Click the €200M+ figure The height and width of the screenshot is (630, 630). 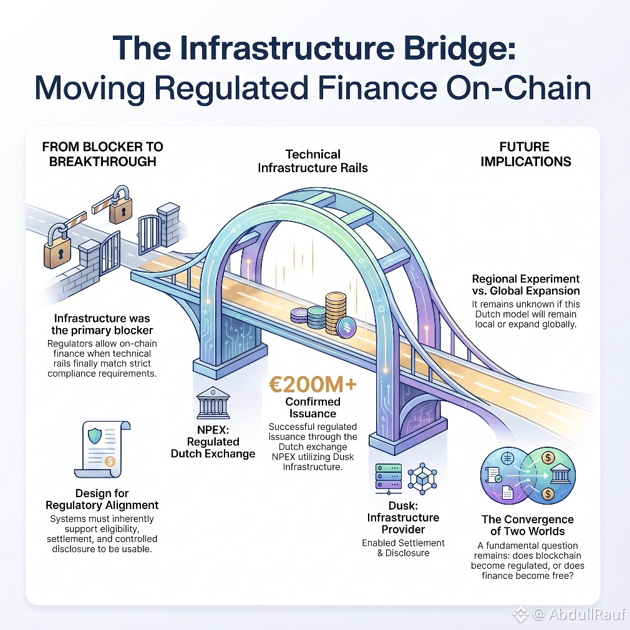[x=313, y=384]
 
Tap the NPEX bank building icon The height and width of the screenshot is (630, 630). [x=213, y=403]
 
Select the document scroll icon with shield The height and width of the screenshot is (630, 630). [x=102, y=449]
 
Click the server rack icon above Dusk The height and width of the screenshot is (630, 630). [x=388, y=479]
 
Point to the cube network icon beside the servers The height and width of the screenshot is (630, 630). [x=422, y=478]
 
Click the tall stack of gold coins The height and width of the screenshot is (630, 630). [x=336, y=313]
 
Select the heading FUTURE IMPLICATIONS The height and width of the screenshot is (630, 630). [x=526, y=154]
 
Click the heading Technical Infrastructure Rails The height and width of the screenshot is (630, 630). [x=313, y=161]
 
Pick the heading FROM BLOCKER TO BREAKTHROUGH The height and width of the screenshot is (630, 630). [x=102, y=154]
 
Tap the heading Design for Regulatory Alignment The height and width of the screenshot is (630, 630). [x=102, y=499]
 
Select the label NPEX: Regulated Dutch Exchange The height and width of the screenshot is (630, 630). [x=213, y=442]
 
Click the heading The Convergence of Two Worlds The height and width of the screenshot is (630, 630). [x=528, y=525]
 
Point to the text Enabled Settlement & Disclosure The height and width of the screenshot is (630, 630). [x=403, y=548]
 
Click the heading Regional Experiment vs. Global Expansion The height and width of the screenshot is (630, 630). [x=526, y=285]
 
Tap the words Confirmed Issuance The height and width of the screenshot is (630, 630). [x=313, y=407]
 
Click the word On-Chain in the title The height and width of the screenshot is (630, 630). [x=518, y=88]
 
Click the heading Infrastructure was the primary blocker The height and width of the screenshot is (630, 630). [x=102, y=324]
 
